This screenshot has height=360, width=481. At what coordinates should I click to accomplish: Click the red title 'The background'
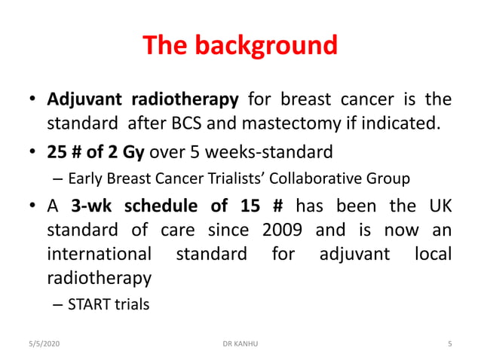click(x=240, y=47)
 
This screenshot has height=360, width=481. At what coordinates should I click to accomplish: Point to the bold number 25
click(x=56, y=153)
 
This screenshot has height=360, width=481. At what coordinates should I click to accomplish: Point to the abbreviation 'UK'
click(x=438, y=206)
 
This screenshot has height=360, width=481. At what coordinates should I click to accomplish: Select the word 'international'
click(x=98, y=254)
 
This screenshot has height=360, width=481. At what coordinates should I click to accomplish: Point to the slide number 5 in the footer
click(x=449, y=344)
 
